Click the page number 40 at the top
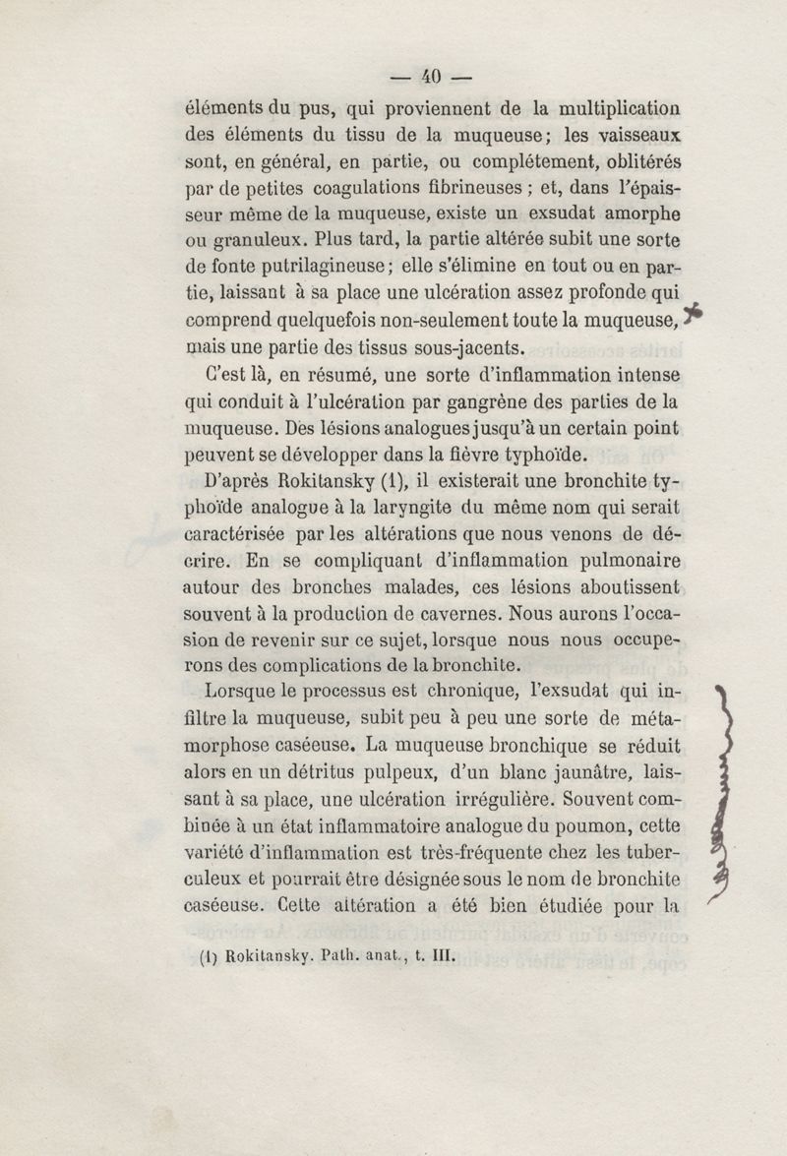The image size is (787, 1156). point(432,77)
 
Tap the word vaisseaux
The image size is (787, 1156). point(637,135)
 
